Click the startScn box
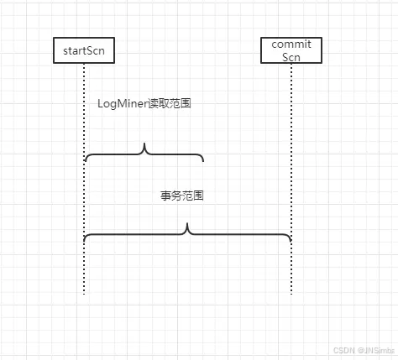click(x=84, y=50)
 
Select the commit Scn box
click(x=291, y=50)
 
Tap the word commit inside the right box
click(x=291, y=44)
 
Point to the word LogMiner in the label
click(x=123, y=103)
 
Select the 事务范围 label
click(x=183, y=196)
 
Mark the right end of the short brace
click(x=203, y=161)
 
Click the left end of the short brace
click(x=85, y=161)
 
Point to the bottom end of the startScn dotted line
click(x=84, y=294)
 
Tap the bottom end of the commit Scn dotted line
click(x=291, y=294)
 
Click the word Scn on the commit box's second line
click(x=291, y=56)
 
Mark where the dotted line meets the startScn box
click(x=84, y=65)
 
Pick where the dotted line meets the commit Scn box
click(x=291, y=65)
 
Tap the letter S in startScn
click(x=90, y=50)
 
